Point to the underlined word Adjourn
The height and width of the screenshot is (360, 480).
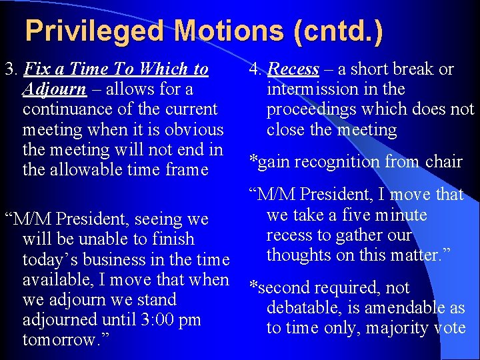tap(54, 89)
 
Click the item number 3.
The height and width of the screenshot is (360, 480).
tap(9, 69)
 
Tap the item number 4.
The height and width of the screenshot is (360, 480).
tap(255, 69)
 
